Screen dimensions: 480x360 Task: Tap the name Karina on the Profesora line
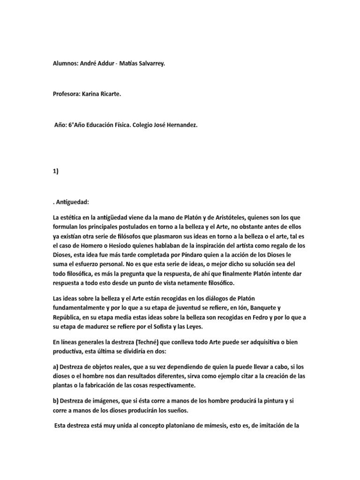pyautogui.click(x=96, y=94)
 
